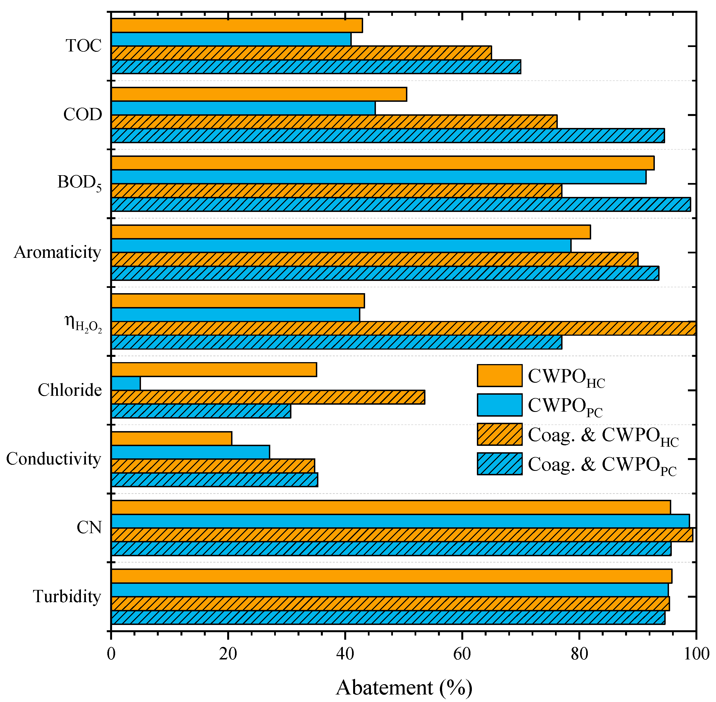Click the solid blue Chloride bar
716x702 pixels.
[x=126, y=384]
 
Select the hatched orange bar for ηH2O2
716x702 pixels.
[x=403, y=328]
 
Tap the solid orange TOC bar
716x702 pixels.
[x=237, y=25]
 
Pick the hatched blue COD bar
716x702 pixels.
[x=388, y=136]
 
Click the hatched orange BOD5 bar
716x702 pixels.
[x=336, y=191]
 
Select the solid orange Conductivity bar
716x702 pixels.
[x=172, y=438]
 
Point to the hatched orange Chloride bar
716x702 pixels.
[x=268, y=397]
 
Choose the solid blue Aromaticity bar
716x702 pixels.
[x=341, y=246]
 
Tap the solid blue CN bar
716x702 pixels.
[x=400, y=521]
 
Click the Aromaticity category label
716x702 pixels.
[x=57, y=253]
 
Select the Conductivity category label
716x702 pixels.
[x=53, y=459]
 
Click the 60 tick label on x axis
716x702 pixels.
[x=462, y=654]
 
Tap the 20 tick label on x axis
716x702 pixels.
[x=228, y=654]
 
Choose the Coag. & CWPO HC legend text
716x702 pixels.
[x=603, y=436]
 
